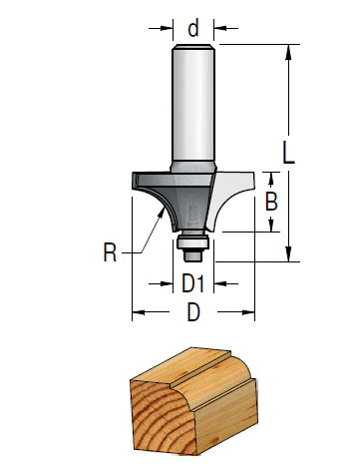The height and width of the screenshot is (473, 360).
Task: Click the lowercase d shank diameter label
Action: pyautogui.click(x=193, y=28)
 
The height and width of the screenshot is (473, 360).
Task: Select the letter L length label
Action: pyautogui.click(x=288, y=153)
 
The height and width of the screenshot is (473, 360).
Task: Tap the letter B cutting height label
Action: pyautogui.click(x=271, y=202)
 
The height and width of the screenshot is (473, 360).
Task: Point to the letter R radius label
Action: pyautogui.click(x=110, y=252)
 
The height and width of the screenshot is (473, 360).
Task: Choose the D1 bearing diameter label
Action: pyautogui.click(x=192, y=283)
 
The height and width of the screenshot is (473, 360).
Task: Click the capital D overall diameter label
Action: pyautogui.click(x=193, y=312)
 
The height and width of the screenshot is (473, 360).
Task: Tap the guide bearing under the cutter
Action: pyautogui.click(x=192, y=241)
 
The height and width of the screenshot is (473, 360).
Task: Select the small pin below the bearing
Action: pyautogui.click(x=192, y=255)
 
